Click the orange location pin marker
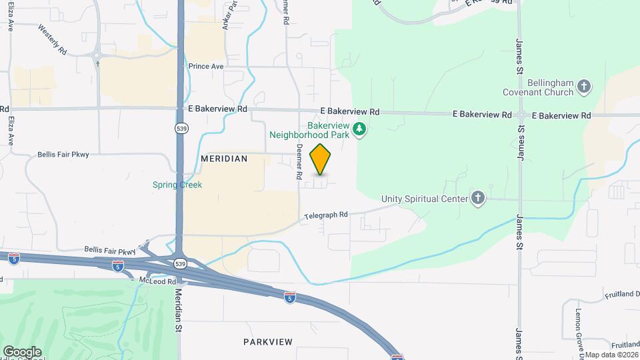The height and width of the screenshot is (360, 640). (321, 159)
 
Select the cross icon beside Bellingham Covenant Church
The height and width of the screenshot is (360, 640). (583, 87)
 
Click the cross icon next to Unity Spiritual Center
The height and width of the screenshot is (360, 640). (477, 198)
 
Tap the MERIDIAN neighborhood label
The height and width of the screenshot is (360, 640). (224, 159)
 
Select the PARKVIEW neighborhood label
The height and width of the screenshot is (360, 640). (267, 342)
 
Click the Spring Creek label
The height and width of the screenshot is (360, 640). (177, 185)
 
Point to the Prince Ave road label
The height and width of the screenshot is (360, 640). (205, 67)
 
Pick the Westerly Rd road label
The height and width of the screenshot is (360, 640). (53, 40)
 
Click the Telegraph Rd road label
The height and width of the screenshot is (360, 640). (327, 215)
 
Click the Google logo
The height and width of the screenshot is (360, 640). (22, 351)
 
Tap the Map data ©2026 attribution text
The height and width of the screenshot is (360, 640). (611, 355)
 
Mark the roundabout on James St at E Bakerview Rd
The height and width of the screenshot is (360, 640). (521, 115)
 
